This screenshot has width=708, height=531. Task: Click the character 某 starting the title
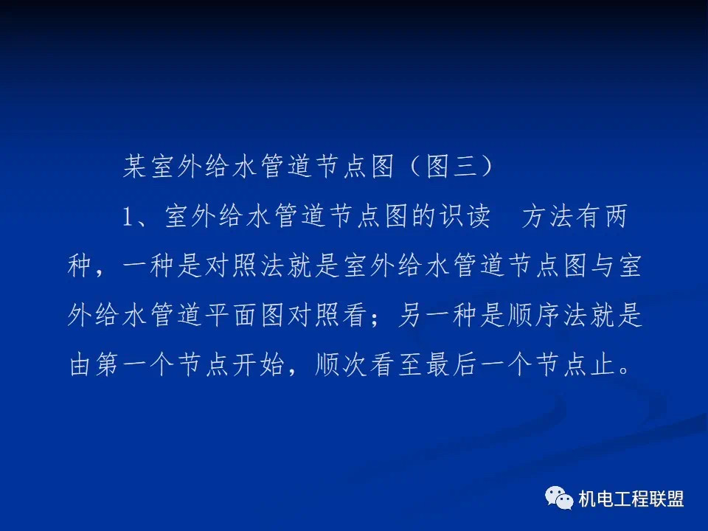tap(135, 166)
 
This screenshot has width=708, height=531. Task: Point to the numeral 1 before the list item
tap(128, 216)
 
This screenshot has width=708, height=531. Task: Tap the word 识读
tap(465, 216)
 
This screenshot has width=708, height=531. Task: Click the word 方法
tap(547, 216)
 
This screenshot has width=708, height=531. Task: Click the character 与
tap(603, 265)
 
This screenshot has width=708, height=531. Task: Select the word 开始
tap(258, 364)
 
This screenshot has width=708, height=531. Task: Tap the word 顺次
tap(341, 364)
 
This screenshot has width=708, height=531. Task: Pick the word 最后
tap(451, 364)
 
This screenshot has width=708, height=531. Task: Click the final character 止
tap(603, 364)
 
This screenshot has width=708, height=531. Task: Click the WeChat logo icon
tap(559, 498)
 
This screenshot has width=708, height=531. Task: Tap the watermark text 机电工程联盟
tap(631, 499)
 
